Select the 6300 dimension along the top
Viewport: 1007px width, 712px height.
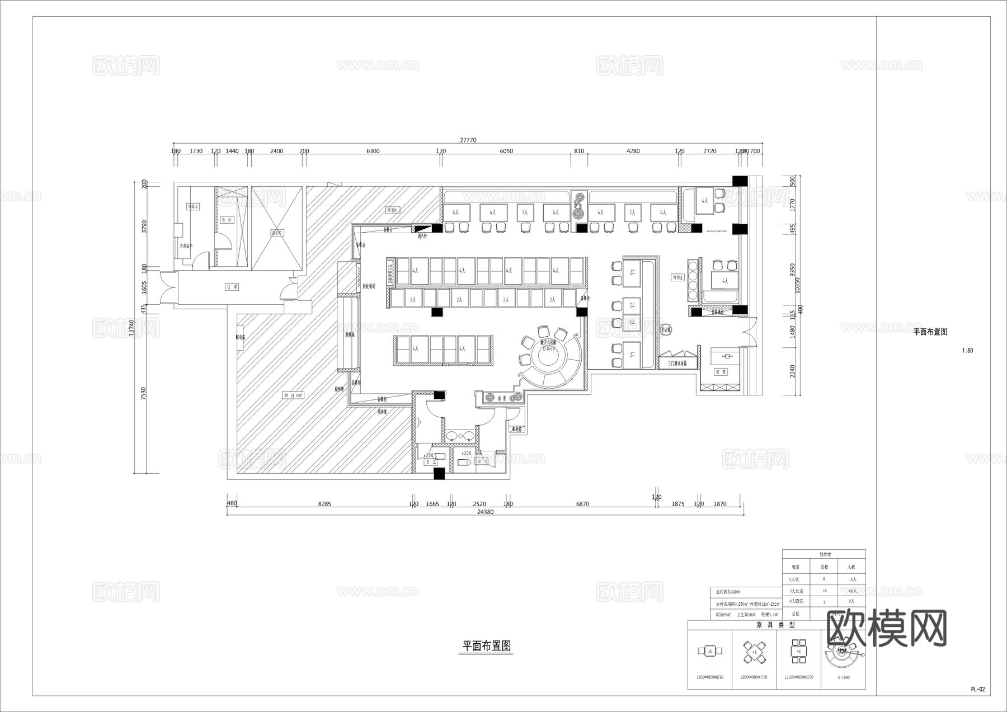tap(373, 151)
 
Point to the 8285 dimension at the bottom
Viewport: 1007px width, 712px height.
tap(324, 504)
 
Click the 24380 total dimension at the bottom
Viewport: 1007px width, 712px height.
tap(485, 512)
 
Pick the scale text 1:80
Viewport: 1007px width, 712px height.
tap(967, 351)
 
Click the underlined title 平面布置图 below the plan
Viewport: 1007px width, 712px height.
tap(486, 646)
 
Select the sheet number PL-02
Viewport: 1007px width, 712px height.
tap(977, 690)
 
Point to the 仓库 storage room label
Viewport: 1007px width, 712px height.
tap(226, 220)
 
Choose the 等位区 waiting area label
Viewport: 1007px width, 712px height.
tap(678, 277)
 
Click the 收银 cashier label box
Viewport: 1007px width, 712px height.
tap(721, 371)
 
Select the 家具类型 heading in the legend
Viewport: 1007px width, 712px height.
tap(776, 625)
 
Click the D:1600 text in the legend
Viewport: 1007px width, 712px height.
tap(844, 677)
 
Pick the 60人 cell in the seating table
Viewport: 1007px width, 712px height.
tap(852, 591)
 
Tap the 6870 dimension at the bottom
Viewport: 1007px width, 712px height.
tap(582, 504)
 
